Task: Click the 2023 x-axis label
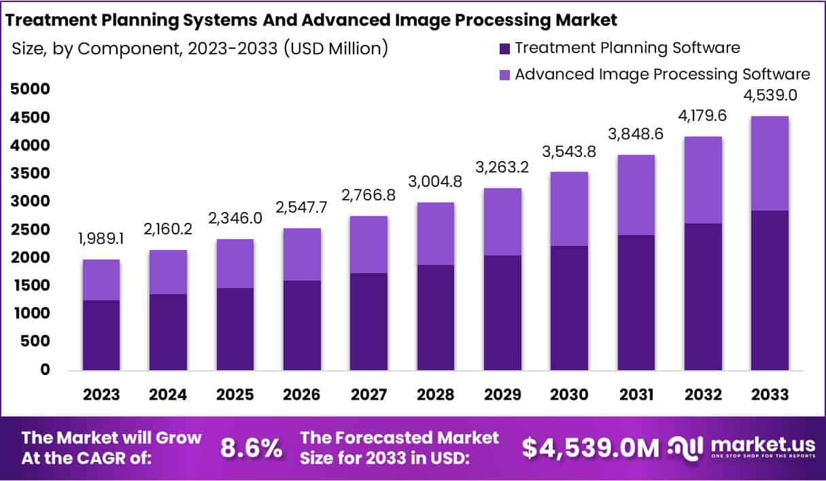pyautogui.click(x=102, y=395)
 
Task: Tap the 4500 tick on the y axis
pyautogui.click(x=30, y=118)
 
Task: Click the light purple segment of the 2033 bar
pyautogui.click(x=770, y=163)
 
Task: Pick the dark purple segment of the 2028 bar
pyautogui.click(x=435, y=317)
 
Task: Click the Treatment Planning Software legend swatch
pyautogui.click(x=504, y=49)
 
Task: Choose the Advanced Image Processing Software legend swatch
pyautogui.click(x=504, y=75)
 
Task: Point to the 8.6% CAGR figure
pyautogui.click(x=252, y=448)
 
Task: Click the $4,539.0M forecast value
pyautogui.click(x=591, y=448)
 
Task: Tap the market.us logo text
pyautogui.click(x=762, y=444)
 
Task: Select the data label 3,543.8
pyautogui.click(x=569, y=152)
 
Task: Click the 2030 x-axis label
pyautogui.click(x=569, y=395)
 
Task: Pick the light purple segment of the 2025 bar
pyautogui.click(x=235, y=264)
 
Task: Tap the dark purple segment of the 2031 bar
pyautogui.click(x=636, y=302)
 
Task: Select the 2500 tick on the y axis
pyautogui.click(x=30, y=230)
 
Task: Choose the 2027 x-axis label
pyautogui.click(x=368, y=395)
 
